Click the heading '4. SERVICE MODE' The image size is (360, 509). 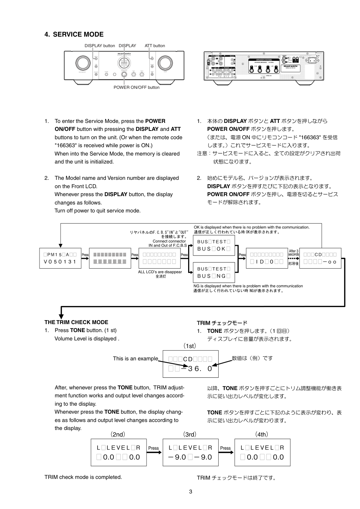[x=74, y=34]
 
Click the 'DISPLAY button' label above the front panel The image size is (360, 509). [x=100, y=46]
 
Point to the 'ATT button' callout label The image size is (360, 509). [x=155, y=46]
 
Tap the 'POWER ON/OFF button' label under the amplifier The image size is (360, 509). [x=136, y=87]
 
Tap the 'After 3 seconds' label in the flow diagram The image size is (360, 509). [x=294, y=253]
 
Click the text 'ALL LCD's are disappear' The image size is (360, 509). [x=160, y=272]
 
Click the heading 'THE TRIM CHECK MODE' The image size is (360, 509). [x=76, y=322]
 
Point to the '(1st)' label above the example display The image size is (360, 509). [x=190, y=346]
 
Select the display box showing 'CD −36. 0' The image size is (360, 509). [x=191, y=364]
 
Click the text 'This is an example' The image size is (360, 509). [x=135, y=359]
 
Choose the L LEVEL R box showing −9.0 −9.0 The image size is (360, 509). [x=190, y=452]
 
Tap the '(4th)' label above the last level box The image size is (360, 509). [x=261, y=434]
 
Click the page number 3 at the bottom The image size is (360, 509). [x=191, y=492]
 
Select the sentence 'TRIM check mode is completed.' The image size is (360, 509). [x=83, y=477]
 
